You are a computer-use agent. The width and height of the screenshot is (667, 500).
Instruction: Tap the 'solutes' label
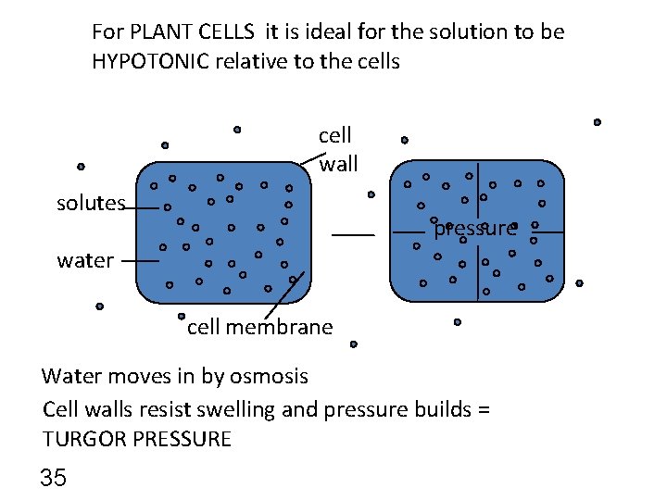pyautogui.click(x=91, y=204)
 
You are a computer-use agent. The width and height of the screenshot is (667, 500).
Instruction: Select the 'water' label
pyautogui.click(x=85, y=260)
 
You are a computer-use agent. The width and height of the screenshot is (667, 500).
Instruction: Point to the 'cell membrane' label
pyautogui.click(x=259, y=327)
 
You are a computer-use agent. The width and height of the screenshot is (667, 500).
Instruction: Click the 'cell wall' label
pyautogui.click(x=335, y=150)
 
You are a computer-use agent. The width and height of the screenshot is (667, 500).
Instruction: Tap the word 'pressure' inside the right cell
pyautogui.click(x=474, y=229)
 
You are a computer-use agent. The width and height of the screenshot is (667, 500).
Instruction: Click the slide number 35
pyautogui.click(x=54, y=478)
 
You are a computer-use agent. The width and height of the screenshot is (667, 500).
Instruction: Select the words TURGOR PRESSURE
pyautogui.click(x=136, y=439)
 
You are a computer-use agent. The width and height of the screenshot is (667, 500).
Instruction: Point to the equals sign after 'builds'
pyautogui.click(x=484, y=408)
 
